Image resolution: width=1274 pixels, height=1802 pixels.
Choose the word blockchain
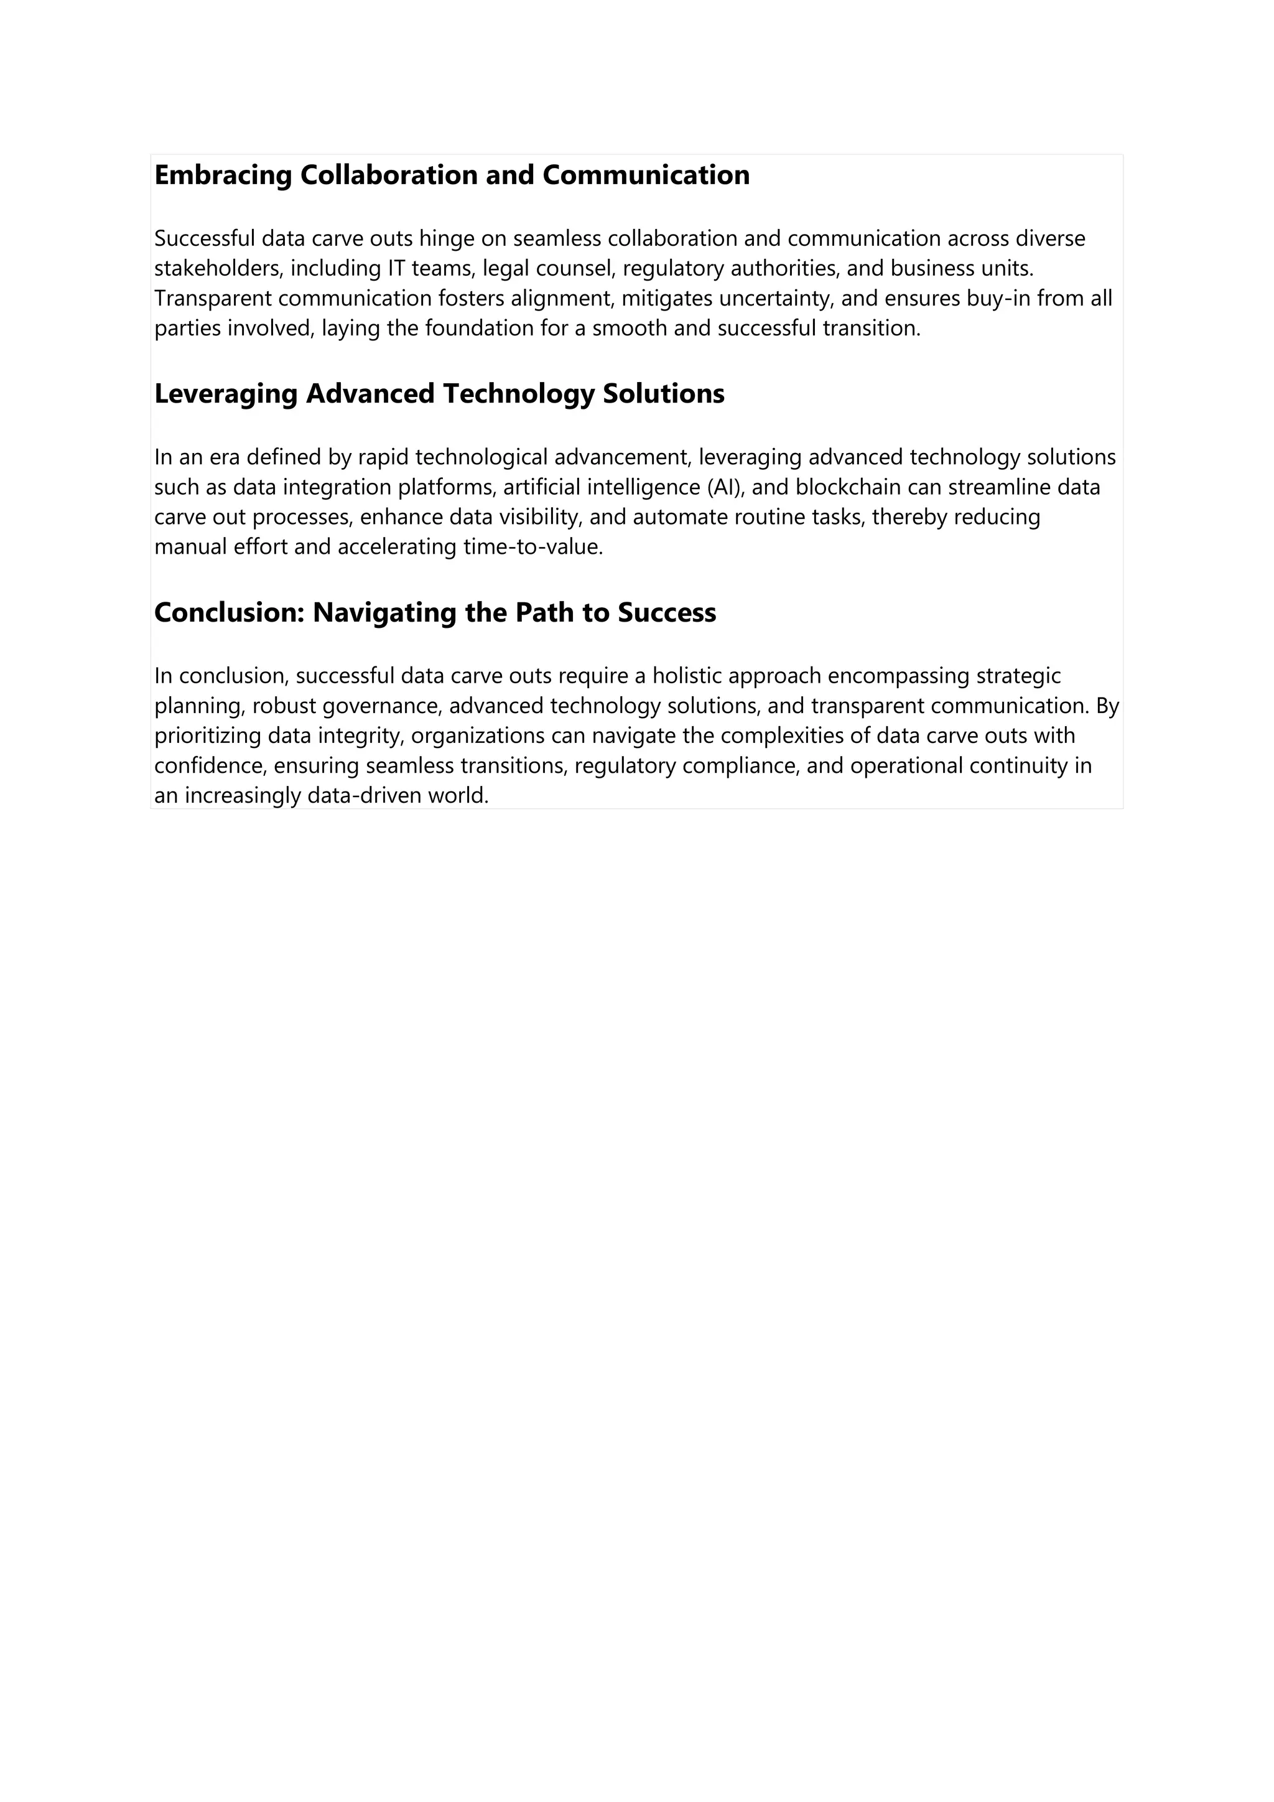pyautogui.click(x=848, y=487)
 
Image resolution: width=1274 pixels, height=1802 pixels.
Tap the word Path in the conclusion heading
pyautogui.click(x=544, y=613)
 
